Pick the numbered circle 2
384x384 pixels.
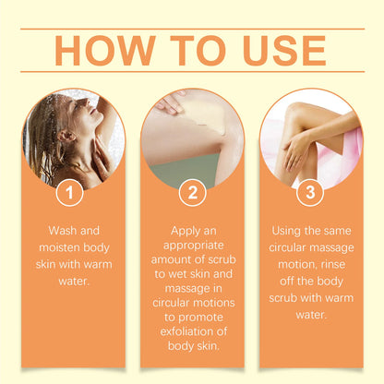pos(192,194)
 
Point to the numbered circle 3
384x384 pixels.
pos(312,194)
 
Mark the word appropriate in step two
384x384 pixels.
pos(192,246)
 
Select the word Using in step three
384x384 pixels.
pos(289,230)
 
